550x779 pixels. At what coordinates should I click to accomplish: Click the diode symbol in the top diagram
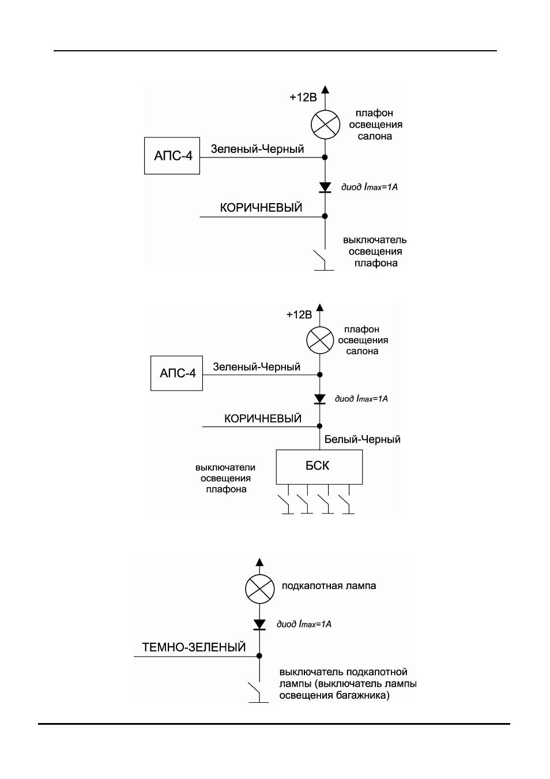(325, 188)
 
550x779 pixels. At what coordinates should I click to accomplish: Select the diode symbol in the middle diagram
(319, 399)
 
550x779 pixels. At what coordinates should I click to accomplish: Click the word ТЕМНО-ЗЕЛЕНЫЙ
(194, 647)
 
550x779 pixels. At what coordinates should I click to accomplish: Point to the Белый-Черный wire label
(363, 440)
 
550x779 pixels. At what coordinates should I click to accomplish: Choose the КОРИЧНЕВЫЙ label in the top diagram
(261, 208)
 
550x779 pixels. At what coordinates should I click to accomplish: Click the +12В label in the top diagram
(303, 98)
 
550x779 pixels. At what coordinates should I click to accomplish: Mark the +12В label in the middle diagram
(299, 314)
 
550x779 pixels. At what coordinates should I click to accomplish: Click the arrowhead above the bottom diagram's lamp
(259, 562)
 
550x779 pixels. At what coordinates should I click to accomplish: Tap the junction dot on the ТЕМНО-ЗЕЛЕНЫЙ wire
(259, 656)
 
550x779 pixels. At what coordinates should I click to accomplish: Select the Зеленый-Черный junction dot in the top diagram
(325, 157)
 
